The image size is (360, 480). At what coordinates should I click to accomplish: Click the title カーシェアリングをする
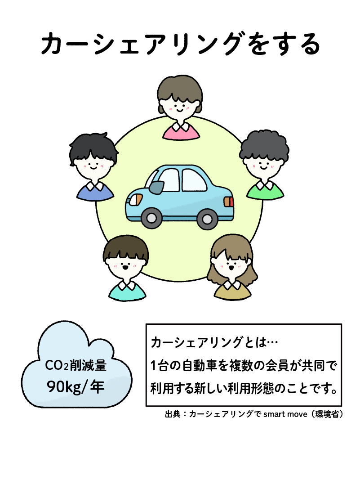click(x=180, y=45)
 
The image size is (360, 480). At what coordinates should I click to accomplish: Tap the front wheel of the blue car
click(x=151, y=219)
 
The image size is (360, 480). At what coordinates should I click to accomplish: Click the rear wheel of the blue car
click(x=207, y=219)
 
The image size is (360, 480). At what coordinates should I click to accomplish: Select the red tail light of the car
click(x=229, y=201)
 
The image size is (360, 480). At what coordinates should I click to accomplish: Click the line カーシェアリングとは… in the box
click(x=215, y=343)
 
